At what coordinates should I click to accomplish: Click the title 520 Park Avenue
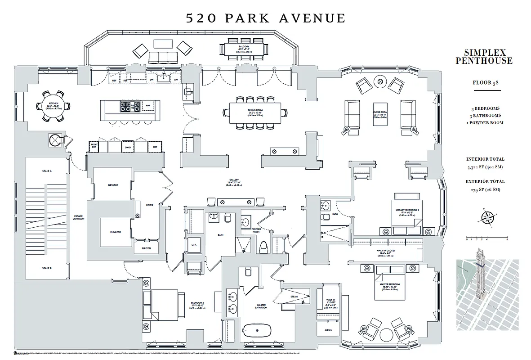(266, 18)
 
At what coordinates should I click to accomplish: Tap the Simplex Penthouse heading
(484, 56)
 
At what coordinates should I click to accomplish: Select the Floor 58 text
(484, 83)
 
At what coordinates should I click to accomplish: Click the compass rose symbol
(487, 217)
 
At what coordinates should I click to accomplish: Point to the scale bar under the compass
(487, 237)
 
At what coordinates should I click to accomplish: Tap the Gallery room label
(234, 181)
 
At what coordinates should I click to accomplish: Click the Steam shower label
(294, 297)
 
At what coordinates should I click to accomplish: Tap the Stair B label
(47, 268)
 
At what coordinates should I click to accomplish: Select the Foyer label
(149, 205)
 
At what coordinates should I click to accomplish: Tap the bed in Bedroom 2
(164, 306)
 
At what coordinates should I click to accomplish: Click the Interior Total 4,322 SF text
(485, 163)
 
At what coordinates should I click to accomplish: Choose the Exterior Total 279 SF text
(485, 185)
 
